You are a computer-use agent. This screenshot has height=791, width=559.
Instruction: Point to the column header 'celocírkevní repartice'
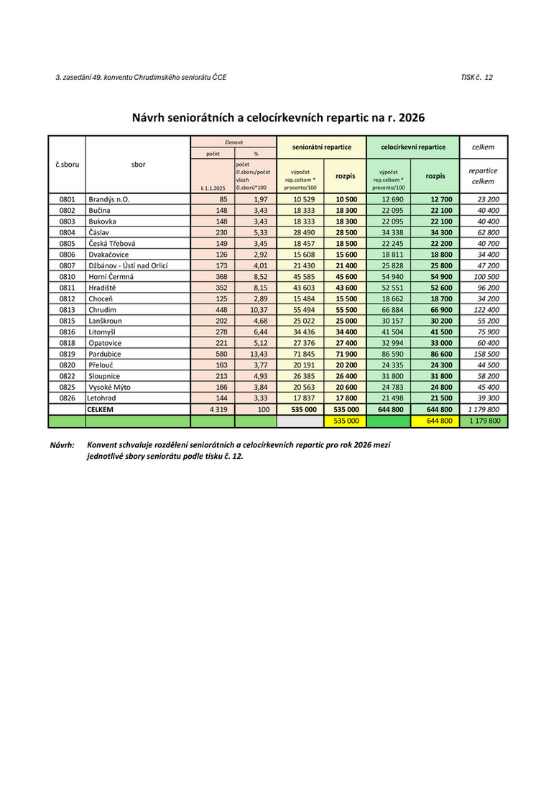[x=412, y=147]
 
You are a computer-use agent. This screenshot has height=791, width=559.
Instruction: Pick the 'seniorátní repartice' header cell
[x=321, y=147]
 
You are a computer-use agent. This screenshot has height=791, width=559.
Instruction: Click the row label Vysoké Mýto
[x=109, y=387]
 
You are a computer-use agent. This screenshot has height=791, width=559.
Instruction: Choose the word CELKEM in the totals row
[x=101, y=408]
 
